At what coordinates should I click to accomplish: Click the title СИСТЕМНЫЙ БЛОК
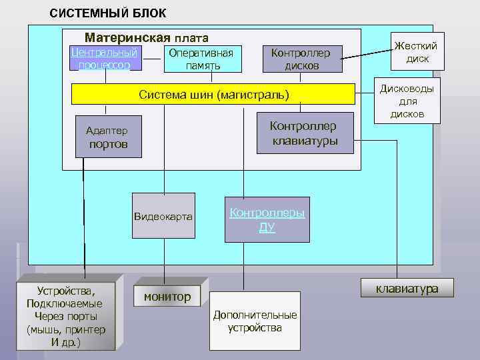108,13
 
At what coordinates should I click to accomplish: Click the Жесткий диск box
417,52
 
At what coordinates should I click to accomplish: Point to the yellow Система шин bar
213,95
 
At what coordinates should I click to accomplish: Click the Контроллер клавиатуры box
304,133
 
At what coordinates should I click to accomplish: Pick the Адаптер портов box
107,137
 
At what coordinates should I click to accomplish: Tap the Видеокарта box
163,216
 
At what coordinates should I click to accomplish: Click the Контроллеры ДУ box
267,220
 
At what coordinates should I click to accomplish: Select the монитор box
167,296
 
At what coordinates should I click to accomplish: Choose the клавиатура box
407,288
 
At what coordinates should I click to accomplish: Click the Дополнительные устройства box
255,321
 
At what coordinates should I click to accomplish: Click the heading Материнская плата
146,38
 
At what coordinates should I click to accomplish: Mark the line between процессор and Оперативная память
153,59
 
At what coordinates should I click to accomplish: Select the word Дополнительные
255,315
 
